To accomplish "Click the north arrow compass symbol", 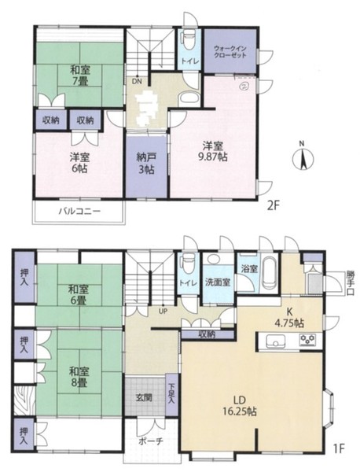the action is (x=303, y=157).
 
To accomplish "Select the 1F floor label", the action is (x=339, y=449).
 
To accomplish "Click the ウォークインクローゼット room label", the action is (x=230, y=51).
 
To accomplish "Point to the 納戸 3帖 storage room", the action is (x=146, y=165).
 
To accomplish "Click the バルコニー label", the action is (x=79, y=211).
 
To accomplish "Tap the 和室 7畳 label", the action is (x=80, y=76).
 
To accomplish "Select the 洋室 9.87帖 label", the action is (x=215, y=151).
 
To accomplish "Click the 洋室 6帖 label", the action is (x=79, y=163).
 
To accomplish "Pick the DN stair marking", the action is (x=137, y=81).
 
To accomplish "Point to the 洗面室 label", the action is (x=218, y=282).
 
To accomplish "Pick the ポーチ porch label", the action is (x=151, y=441).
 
